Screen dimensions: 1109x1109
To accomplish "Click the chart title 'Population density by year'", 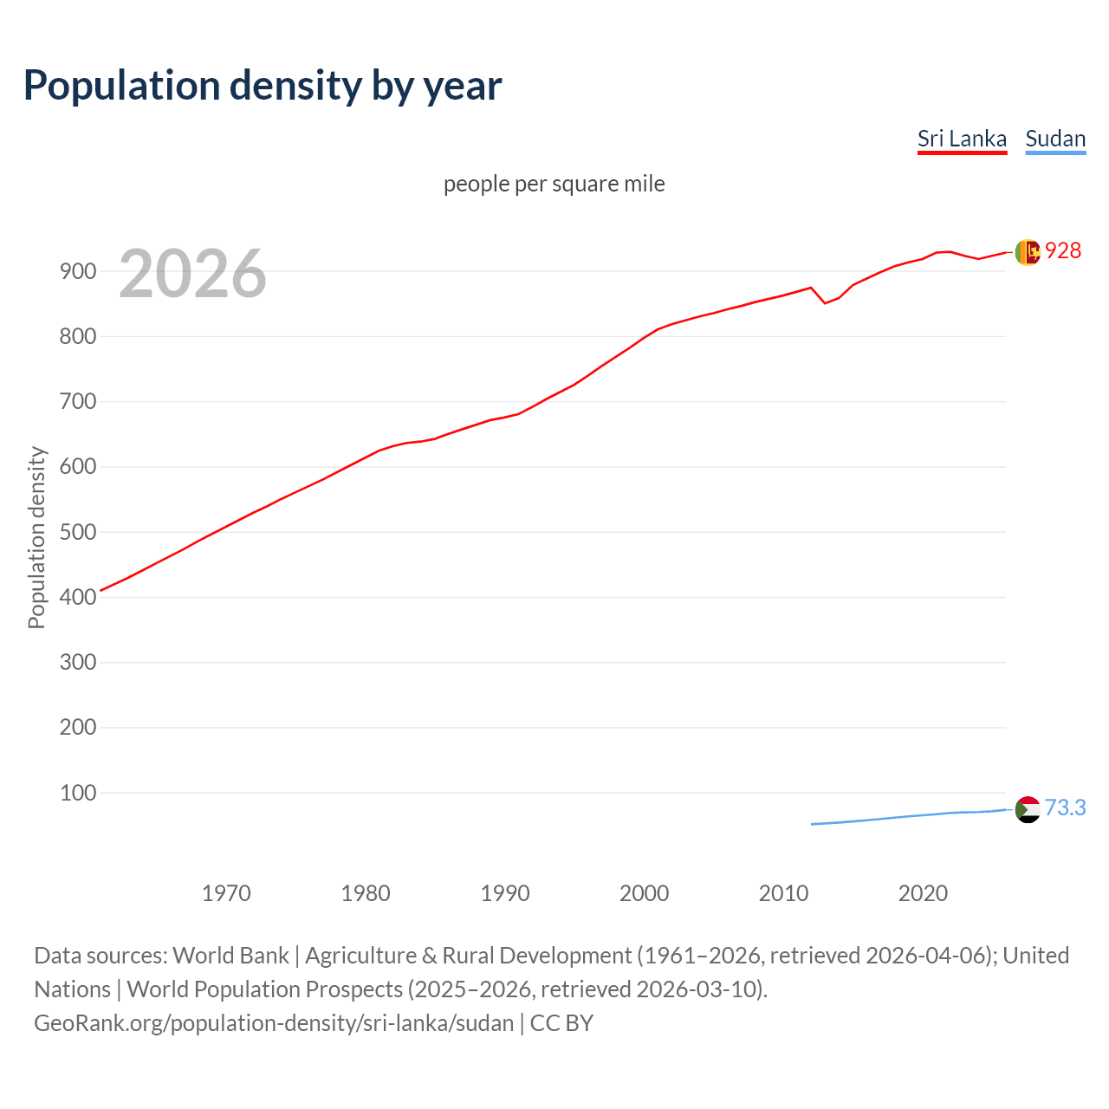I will [x=263, y=86].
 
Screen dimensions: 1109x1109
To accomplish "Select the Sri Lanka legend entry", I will [x=962, y=139].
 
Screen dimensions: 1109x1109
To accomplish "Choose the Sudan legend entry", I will [x=1055, y=139].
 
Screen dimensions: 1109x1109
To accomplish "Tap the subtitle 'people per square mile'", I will [x=554, y=184].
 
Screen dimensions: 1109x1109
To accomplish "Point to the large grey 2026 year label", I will [x=192, y=274].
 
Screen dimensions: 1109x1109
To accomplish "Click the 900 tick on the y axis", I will [x=77, y=271].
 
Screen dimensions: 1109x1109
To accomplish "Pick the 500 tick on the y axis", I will [x=77, y=532].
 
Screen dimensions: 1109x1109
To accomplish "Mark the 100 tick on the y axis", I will [x=77, y=793].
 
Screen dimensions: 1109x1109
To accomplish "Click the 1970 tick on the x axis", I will [x=226, y=893].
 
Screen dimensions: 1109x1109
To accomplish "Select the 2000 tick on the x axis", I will [x=644, y=893].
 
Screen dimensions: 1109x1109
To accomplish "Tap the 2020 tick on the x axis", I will [x=923, y=893].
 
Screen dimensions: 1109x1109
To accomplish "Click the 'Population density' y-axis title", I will [x=36, y=537].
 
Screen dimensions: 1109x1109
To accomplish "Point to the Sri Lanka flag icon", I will [x=1028, y=252].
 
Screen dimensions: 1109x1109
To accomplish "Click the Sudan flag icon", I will [x=1028, y=809].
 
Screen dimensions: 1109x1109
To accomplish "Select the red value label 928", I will [x=1063, y=250].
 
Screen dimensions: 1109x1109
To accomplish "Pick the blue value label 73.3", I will [x=1065, y=807].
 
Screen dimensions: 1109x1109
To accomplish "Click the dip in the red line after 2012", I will [x=825, y=302].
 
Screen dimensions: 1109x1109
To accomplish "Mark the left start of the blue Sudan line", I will [x=812, y=824].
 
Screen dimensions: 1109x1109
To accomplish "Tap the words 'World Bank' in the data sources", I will [x=230, y=955].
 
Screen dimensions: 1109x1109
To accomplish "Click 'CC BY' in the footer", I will [x=561, y=1022].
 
